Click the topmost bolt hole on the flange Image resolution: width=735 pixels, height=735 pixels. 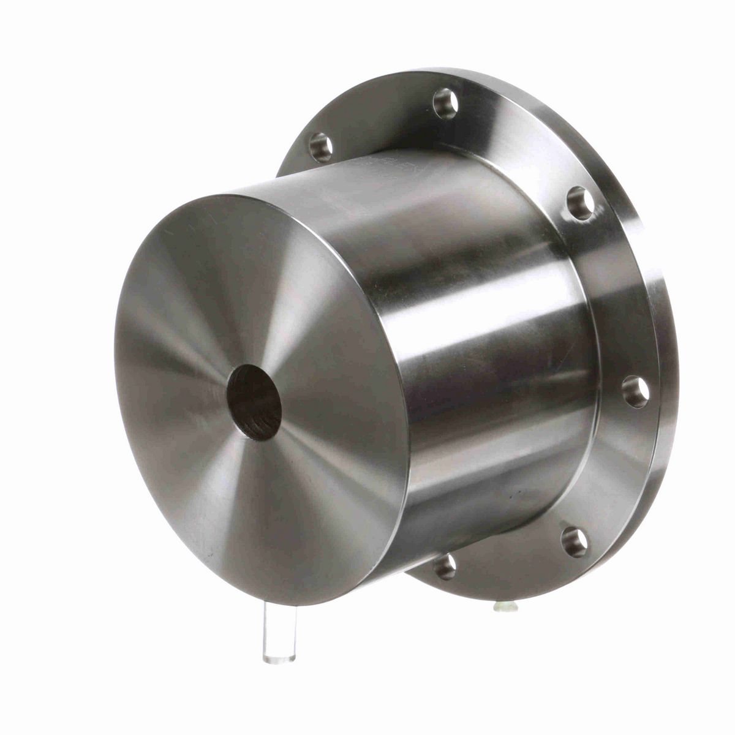[x=446, y=102]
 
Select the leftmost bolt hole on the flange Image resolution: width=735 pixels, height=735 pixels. [x=321, y=146]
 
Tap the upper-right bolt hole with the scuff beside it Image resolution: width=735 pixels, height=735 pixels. [x=579, y=203]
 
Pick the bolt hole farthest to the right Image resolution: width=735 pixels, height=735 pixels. [x=636, y=391]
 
